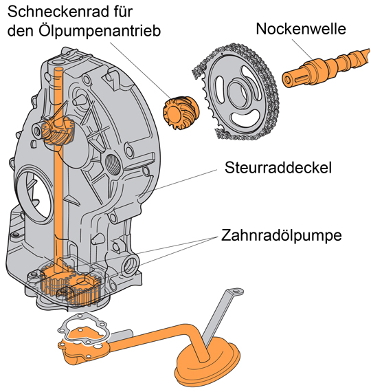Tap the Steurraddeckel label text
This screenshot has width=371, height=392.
click(x=273, y=168)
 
